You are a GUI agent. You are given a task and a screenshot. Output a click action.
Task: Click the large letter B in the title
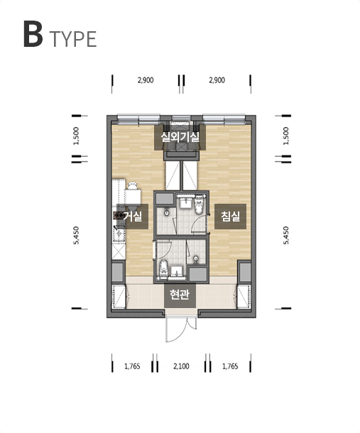tap(33, 34)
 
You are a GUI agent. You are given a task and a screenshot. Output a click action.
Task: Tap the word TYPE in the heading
tap(73, 39)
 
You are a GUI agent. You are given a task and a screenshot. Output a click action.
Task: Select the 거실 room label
tap(132, 217)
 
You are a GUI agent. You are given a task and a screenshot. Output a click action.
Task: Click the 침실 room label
tap(230, 217)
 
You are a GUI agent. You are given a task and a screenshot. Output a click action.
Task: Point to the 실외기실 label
tap(180, 137)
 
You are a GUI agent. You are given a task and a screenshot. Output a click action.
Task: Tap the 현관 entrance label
tap(180, 295)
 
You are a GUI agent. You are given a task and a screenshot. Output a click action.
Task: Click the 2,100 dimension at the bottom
tap(181, 366)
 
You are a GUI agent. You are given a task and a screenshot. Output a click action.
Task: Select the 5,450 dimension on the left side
tap(76, 235)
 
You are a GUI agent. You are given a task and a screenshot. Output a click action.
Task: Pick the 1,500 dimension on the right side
tap(286, 136)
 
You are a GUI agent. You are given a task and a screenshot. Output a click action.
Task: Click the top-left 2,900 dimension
tap(146, 80)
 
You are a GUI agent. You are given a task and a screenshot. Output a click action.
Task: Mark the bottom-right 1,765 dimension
tap(230, 366)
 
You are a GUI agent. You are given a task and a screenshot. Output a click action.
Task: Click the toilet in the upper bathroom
tap(198, 205)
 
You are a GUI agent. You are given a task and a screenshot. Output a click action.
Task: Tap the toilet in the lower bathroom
tap(163, 268)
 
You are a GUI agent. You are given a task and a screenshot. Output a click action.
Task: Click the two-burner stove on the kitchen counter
tap(119, 215)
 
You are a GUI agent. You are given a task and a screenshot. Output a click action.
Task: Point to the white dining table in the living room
tap(133, 197)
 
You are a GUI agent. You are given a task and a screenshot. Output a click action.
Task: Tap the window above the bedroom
tap(224, 119)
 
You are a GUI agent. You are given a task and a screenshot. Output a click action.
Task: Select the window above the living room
tap(138, 119)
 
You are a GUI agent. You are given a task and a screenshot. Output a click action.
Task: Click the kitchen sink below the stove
tap(119, 234)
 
